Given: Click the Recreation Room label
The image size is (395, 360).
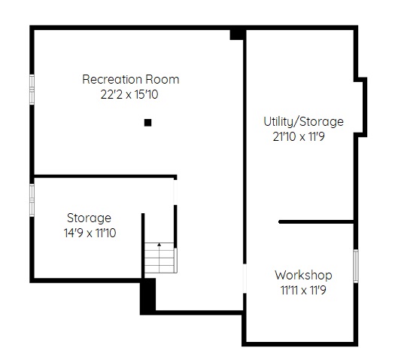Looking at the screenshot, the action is point(131,79).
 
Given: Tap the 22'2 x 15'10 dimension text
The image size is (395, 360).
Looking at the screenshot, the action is point(129,95).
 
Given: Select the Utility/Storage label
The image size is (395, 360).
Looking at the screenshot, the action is point(303,122).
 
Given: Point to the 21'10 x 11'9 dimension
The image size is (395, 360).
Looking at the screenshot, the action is point(299,136).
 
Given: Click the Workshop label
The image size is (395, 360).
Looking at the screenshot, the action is point(303,275).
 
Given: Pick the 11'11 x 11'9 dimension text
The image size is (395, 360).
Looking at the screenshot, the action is point(303,290).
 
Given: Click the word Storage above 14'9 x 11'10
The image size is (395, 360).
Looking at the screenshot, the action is point(89,218).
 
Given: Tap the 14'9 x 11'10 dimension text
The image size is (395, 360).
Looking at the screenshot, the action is point(90,233).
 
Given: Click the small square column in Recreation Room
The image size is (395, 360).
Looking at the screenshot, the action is point(148,123).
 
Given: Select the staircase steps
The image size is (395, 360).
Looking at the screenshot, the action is point(160,258).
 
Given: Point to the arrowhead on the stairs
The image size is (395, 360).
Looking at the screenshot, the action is point(160,244).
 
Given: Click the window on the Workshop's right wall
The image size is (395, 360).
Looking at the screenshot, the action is point(356,266).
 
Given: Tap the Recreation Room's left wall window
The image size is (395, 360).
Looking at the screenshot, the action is point(32,90).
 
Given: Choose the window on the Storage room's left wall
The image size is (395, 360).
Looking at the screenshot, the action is point(32,200).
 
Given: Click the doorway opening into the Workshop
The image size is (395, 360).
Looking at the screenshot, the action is point(245,279).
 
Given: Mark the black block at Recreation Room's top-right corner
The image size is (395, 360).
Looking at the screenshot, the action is point(236,35).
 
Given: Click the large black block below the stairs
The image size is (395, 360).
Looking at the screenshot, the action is point(148,296).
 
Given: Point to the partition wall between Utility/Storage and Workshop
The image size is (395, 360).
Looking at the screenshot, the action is point(316,222).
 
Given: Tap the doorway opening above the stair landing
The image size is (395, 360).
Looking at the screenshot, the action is point(175,192).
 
